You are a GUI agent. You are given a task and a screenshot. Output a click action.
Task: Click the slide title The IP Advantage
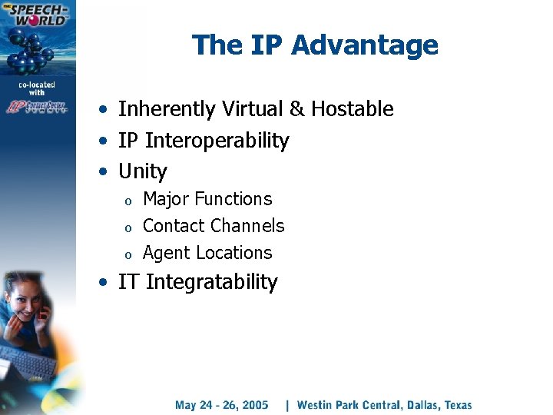click(x=315, y=45)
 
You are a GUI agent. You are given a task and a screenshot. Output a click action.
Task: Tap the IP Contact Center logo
click(x=37, y=107)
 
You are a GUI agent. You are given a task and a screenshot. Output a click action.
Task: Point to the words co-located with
click(x=37, y=88)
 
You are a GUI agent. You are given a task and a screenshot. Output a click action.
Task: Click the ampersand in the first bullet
click(x=296, y=109)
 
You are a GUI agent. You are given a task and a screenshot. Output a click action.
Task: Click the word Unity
click(x=142, y=171)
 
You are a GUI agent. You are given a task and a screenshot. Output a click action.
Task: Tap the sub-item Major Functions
click(x=207, y=199)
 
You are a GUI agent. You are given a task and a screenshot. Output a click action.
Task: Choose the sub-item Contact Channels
click(x=214, y=226)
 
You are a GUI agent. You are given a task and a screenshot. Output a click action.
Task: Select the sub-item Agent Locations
click(x=207, y=253)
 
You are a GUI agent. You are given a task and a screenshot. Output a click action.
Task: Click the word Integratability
click(x=211, y=282)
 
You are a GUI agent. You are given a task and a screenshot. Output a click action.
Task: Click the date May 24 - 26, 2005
click(x=221, y=405)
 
